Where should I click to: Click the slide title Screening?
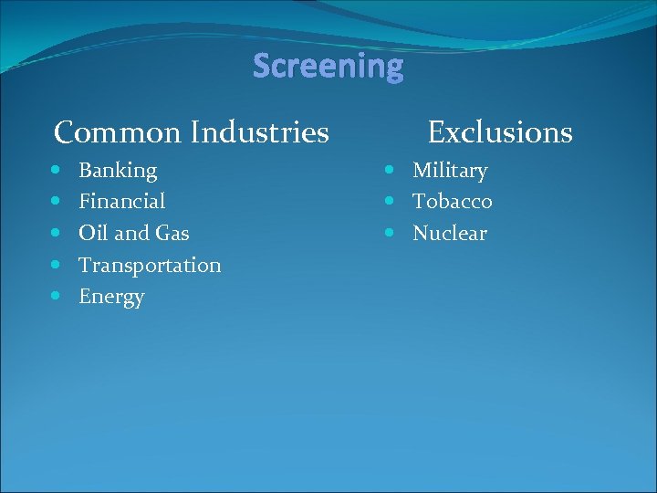tap(328, 67)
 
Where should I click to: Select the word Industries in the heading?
tap(260, 133)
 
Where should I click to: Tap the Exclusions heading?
tap(500, 133)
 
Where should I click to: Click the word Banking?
tap(118, 171)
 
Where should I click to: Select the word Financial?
tap(122, 202)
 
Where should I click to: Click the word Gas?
tap(172, 234)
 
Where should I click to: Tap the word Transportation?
tap(150, 266)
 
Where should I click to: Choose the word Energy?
tap(111, 298)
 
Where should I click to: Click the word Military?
tap(450, 171)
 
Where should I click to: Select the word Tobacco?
tap(453, 202)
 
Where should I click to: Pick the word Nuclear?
tap(450, 234)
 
